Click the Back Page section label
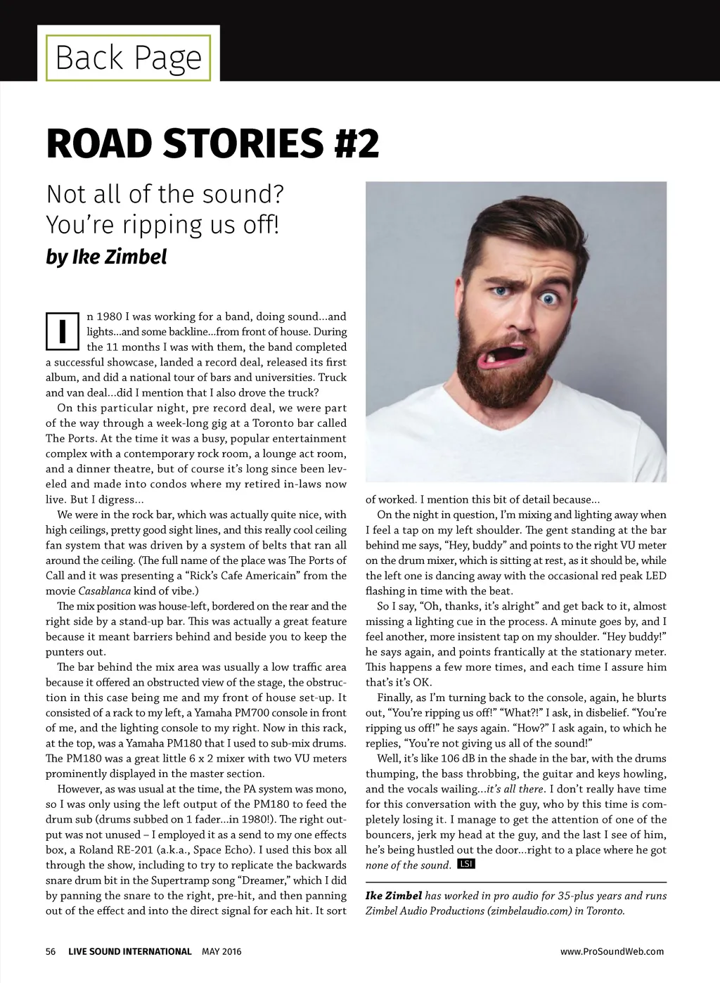point(128,58)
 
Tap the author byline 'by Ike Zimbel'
point(106,257)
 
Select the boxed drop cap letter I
point(63,331)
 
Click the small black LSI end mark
point(465,864)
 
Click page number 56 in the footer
point(51,951)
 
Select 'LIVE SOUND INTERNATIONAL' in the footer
point(129,951)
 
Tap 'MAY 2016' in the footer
point(221,951)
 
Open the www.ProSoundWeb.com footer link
point(612,951)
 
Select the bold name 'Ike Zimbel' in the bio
point(394,896)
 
